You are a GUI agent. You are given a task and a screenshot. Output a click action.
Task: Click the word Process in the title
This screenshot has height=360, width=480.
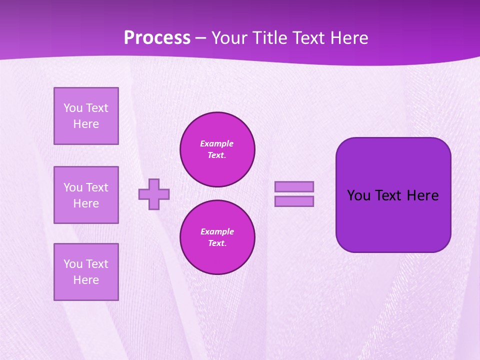[x=157, y=38]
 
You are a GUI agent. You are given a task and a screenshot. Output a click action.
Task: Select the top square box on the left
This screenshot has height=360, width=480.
[x=86, y=116]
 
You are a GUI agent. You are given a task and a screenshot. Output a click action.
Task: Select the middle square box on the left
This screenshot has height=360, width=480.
[x=86, y=195]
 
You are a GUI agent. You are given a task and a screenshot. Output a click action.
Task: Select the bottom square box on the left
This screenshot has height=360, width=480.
[x=86, y=272]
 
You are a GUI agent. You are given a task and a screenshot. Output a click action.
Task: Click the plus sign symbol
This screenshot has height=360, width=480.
[x=154, y=194]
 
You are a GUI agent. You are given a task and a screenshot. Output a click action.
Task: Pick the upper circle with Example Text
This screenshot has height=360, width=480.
[x=217, y=149]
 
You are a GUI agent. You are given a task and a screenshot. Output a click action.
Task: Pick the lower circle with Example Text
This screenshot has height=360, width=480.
[x=217, y=237]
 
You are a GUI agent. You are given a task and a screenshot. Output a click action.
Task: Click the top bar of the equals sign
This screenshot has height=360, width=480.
[x=294, y=186]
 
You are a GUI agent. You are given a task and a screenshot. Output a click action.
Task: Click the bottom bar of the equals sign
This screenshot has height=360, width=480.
[x=294, y=201]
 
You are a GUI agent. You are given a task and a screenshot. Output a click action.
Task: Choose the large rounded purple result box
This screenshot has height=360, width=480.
[x=393, y=220]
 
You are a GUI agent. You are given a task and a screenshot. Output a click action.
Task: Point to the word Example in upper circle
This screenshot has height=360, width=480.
[x=217, y=143]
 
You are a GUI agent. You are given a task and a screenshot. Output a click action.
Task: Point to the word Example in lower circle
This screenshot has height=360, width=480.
[x=217, y=231]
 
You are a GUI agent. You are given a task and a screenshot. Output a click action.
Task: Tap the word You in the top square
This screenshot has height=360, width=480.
[x=72, y=108]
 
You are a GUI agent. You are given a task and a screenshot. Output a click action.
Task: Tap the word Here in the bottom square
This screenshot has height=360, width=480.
[x=86, y=280]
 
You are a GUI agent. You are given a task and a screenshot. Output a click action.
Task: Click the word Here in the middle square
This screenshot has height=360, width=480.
[x=86, y=203]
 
